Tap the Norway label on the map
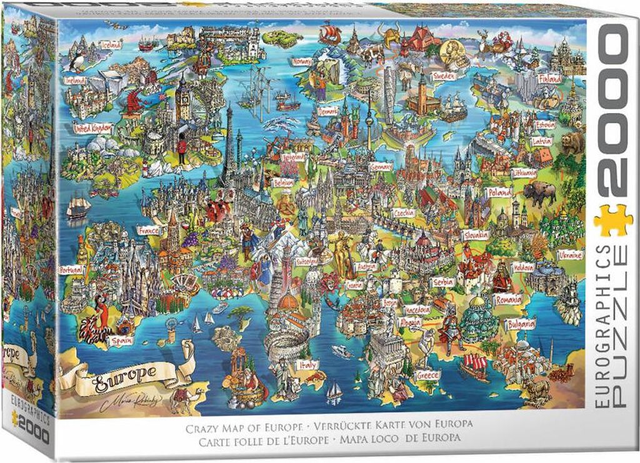301,62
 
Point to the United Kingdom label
92,128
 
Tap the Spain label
119,341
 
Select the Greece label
427,375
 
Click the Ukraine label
569,255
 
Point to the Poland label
499,192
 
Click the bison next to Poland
539,194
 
